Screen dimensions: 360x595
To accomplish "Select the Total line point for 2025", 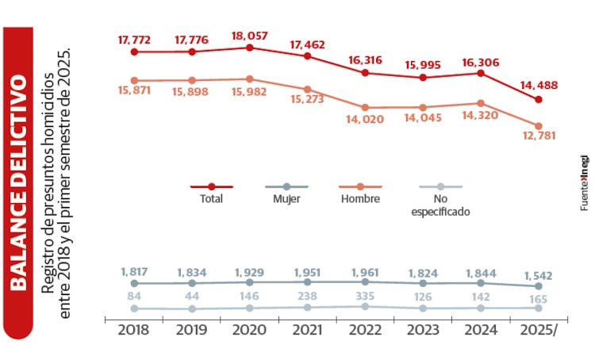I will (x=539, y=99).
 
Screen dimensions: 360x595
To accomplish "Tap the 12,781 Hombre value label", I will (x=539, y=136).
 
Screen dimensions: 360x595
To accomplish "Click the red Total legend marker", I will (x=211, y=186).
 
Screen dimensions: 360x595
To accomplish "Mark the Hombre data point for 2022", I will (x=365, y=107).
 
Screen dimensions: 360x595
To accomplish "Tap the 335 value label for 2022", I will (x=365, y=295).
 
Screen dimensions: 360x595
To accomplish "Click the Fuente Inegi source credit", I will (x=584, y=180).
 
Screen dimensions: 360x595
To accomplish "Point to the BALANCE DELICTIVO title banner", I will (x=17, y=180).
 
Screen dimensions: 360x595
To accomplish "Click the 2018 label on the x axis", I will (x=133, y=331).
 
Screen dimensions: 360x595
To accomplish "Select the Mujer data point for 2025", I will (x=539, y=285).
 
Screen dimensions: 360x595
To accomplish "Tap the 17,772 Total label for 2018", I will (x=134, y=40).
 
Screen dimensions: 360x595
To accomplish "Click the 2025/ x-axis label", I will (x=539, y=331).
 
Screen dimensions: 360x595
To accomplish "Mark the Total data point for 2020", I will (x=249, y=48).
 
